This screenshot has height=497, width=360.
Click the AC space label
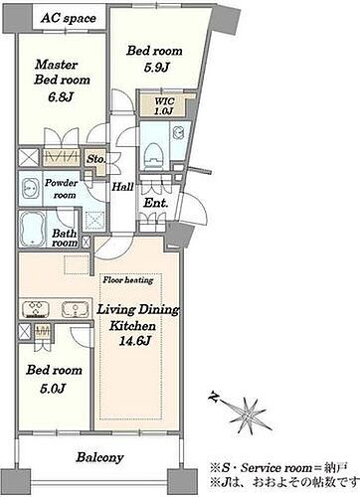tap(69, 18)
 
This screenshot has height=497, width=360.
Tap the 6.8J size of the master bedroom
tap(58, 97)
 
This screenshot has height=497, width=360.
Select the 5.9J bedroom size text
tap(156, 68)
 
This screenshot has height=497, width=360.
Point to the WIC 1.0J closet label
tap(163, 106)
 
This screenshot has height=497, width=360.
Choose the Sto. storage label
tap(95, 159)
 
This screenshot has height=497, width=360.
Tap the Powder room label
tap(62, 189)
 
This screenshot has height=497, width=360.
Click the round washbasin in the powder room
tap(28, 189)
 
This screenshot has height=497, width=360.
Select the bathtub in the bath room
tap(32, 229)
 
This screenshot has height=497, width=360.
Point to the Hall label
tap(122, 187)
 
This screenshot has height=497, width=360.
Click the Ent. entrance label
tap(156, 203)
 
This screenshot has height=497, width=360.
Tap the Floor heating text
tap(128, 280)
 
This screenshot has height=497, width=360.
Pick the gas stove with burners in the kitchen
tap(36, 309)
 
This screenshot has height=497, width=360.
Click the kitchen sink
tap(76, 309)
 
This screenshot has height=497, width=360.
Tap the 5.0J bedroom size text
tap(52, 388)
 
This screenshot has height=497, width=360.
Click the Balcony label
tap(99, 457)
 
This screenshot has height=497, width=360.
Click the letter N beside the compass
tap(215, 397)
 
